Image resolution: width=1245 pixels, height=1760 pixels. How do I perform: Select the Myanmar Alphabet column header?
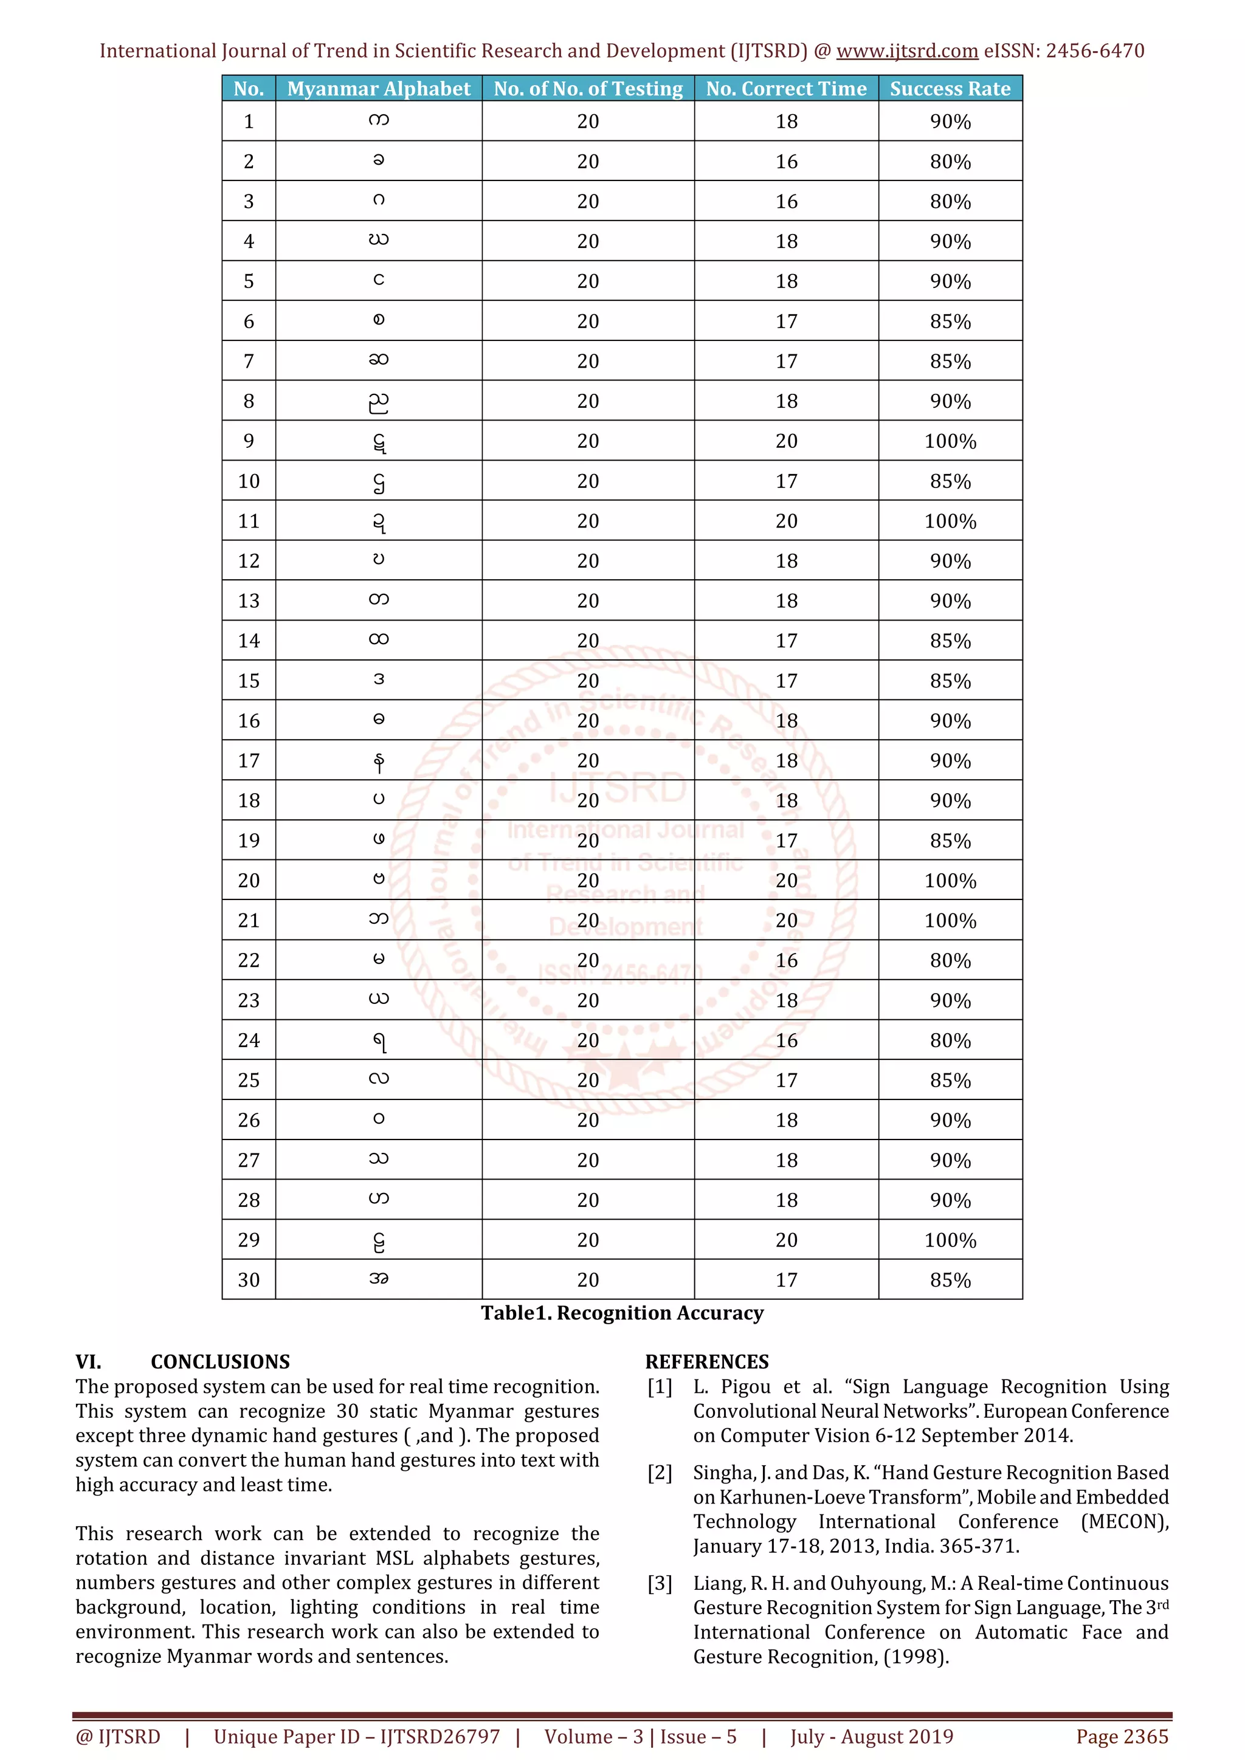click(x=379, y=89)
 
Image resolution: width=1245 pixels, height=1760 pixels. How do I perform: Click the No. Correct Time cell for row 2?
click(x=786, y=162)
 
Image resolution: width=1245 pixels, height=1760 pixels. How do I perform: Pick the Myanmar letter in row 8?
click(x=379, y=402)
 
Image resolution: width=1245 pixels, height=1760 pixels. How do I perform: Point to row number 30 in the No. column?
click(x=249, y=1280)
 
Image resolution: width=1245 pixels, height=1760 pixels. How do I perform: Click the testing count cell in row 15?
click(x=588, y=681)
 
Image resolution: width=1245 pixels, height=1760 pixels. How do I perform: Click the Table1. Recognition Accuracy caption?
click(x=622, y=1313)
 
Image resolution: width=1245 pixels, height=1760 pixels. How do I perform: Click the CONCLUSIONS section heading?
click(x=220, y=1362)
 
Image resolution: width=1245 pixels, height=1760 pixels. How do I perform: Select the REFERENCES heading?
click(x=707, y=1362)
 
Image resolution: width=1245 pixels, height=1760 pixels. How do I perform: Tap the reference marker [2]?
click(x=660, y=1473)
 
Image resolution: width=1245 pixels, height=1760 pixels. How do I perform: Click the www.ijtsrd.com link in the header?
click(x=907, y=52)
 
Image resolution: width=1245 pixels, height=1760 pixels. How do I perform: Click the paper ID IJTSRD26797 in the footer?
click(x=440, y=1736)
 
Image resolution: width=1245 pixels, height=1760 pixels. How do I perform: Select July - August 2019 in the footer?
click(x=872, y=1736)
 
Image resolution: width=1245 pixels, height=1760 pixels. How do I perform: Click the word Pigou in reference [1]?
click(x=745, y=1387)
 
